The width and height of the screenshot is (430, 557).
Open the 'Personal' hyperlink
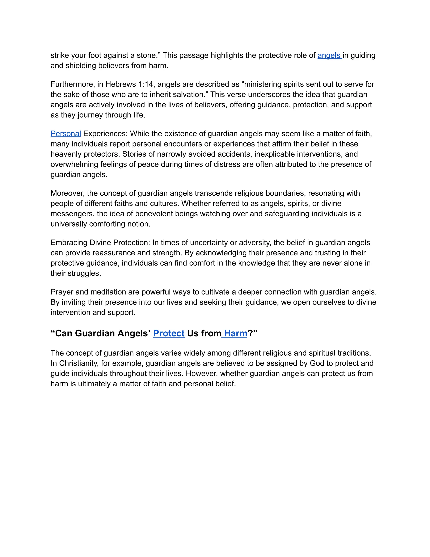point(66,134)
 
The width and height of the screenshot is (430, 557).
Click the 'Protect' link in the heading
point(169,333)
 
